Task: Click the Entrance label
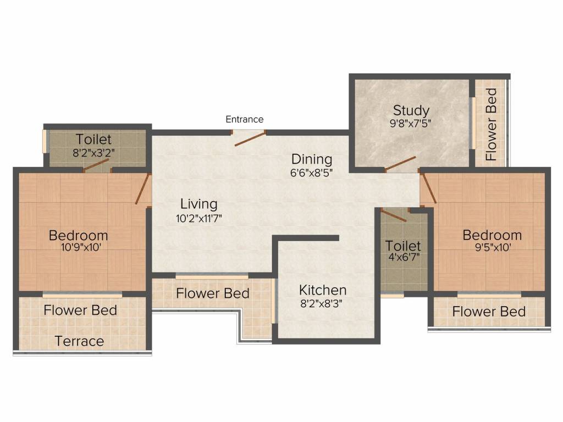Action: (x=245, y=119)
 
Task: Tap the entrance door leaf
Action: (x=250, y=138)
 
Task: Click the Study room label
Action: (x=411, y=110)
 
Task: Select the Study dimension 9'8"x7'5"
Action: (x=410, y=124)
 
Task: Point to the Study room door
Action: (x=400, y=163)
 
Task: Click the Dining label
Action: (x=312, y=159)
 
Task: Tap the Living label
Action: (x=198, y=204)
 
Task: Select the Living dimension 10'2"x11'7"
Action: (x=199, y=218)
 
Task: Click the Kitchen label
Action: (x=322, y=290)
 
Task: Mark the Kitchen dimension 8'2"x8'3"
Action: (x=321, y=304)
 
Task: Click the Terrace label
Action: (x=79, y=341)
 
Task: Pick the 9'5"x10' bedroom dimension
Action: (x=493, y=247)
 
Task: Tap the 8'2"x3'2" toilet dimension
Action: (x=93, y=153)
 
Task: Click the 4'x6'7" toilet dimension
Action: (x=404, y=257)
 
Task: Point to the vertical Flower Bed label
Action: (x=491, y=124)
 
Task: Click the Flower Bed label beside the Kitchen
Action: (x=213, y=293)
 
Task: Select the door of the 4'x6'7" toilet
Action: (x=394, y=215)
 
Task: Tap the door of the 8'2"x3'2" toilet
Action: (x=96, y=165)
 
